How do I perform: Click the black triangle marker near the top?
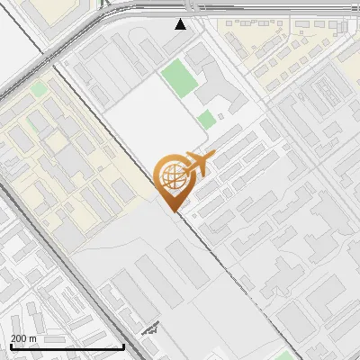coord(181,24)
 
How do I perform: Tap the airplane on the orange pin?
coord(196,164)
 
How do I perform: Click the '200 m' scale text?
coord(23,338)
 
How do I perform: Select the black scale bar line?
coord(67,346)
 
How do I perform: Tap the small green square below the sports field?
coord(207,119)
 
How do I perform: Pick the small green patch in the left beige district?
coord(39,89)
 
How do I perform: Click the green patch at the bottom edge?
coord(286,355)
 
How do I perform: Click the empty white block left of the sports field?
coord(135,117)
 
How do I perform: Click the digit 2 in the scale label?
coord(13,338)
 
